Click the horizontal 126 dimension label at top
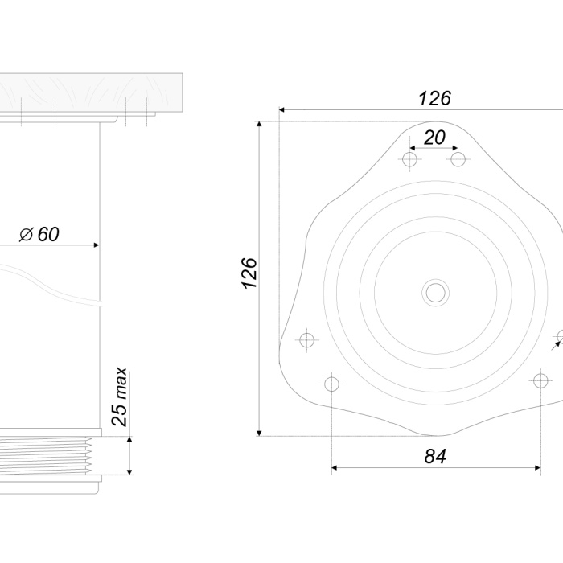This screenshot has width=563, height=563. pyautogui.click(x=435, y=98)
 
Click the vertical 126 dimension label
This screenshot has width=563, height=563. pyautogui.click(x=249, y=273)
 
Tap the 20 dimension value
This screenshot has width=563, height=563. pyautogui.click(x=434, y=138)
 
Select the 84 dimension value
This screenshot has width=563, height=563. pyautogui.click(x=435, y=456)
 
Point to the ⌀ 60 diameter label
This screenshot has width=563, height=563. pyautogui.click(x=39, y=234)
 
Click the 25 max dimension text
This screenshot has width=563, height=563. pyautogui.click(x=120, y=397)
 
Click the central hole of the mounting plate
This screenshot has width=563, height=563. pyautogui.click(x=436, y=293)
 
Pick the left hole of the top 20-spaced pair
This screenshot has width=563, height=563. pyautogui.click(x=409, y=159)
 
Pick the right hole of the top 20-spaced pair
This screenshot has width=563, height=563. pyautogui.click(x=458, y=159)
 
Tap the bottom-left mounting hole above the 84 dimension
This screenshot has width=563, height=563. pyautogui.click(x=331, y=384)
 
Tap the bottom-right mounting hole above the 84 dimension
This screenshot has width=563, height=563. pyautogui.click(x=540, y=380)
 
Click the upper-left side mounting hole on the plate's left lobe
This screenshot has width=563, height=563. pyautogui.click(x=307, y=339)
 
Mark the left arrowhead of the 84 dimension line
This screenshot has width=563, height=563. pyautogui.click(x=335, y=467)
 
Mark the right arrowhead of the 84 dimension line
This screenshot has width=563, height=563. pyautogui.click(x=537, y=467)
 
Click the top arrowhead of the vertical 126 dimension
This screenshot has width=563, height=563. pyautogui.click(x=260, y=124)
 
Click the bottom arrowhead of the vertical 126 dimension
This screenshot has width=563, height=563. pyautogui.click(x=260, y=433)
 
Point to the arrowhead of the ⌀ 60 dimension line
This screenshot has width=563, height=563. pyautogui.click(x=96, y=245)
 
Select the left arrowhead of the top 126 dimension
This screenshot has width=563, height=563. pyautogui.click(x=281, y=109)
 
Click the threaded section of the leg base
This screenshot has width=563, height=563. pyautogui.click(x=46, y=455)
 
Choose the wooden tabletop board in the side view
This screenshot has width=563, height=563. pyautogui.click(x=91, y=92)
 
